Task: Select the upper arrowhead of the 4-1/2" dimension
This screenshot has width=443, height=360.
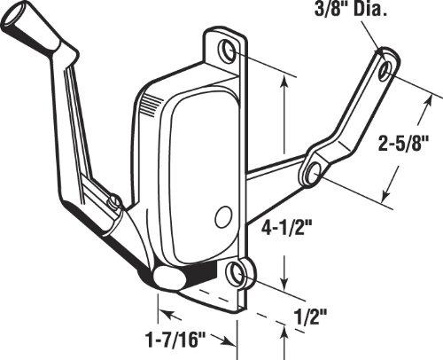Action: pos(284,81)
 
